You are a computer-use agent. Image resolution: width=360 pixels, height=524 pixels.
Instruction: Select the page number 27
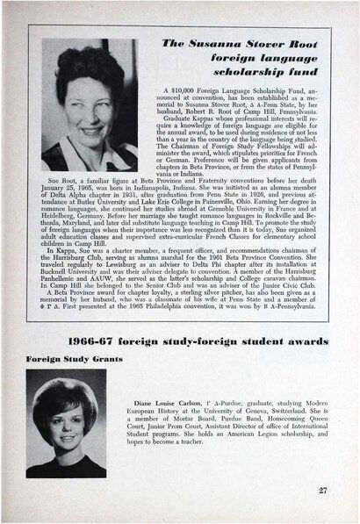click(x=323, y=490)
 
